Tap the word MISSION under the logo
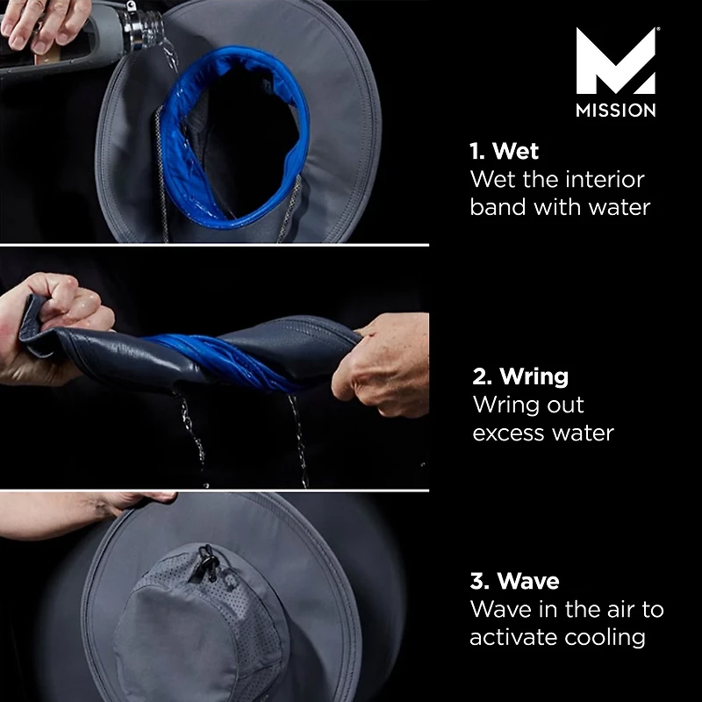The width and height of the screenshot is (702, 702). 615,111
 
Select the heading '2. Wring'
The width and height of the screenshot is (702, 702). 520,376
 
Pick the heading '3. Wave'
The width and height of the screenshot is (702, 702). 514,581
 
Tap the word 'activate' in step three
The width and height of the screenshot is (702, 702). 512,638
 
